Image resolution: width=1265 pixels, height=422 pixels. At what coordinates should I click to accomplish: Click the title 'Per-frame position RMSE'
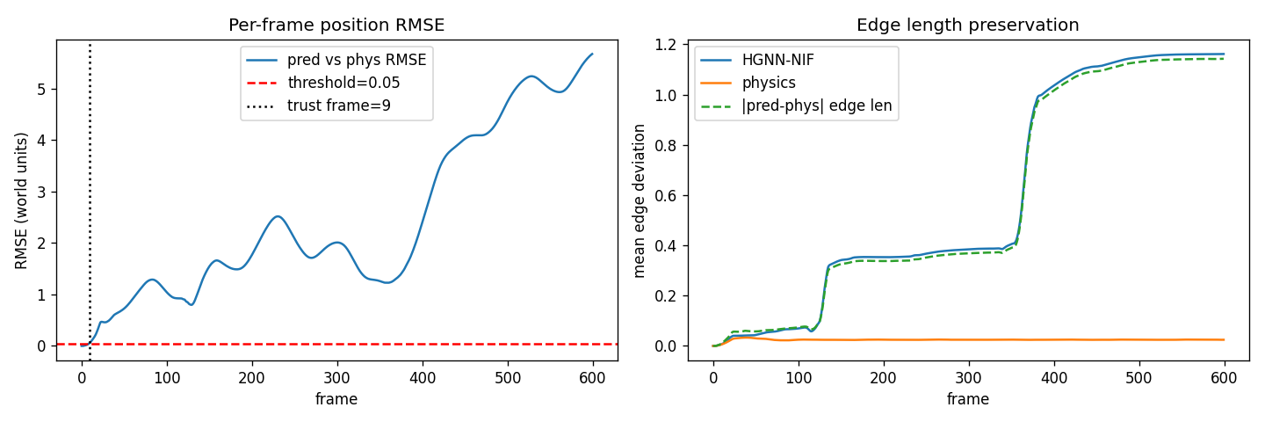tap(336, 25)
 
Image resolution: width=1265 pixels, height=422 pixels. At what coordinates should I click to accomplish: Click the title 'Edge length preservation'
tap(967, 25)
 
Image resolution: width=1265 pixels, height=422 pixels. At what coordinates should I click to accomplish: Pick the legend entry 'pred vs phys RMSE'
tap(357, 61)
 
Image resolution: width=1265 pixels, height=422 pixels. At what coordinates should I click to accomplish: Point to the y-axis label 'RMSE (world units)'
tap(22, 200)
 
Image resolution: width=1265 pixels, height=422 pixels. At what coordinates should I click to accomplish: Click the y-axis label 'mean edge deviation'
tap(640, 200)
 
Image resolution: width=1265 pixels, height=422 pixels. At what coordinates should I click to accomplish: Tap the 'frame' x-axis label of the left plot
tap(336, 399)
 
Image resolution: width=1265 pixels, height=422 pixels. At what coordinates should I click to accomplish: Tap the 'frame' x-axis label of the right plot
tap(967, 399)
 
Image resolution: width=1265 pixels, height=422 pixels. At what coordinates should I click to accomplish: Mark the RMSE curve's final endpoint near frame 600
tap(592, 54)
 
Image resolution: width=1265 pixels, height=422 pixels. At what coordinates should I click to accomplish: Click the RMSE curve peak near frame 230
tap(278, 216)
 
